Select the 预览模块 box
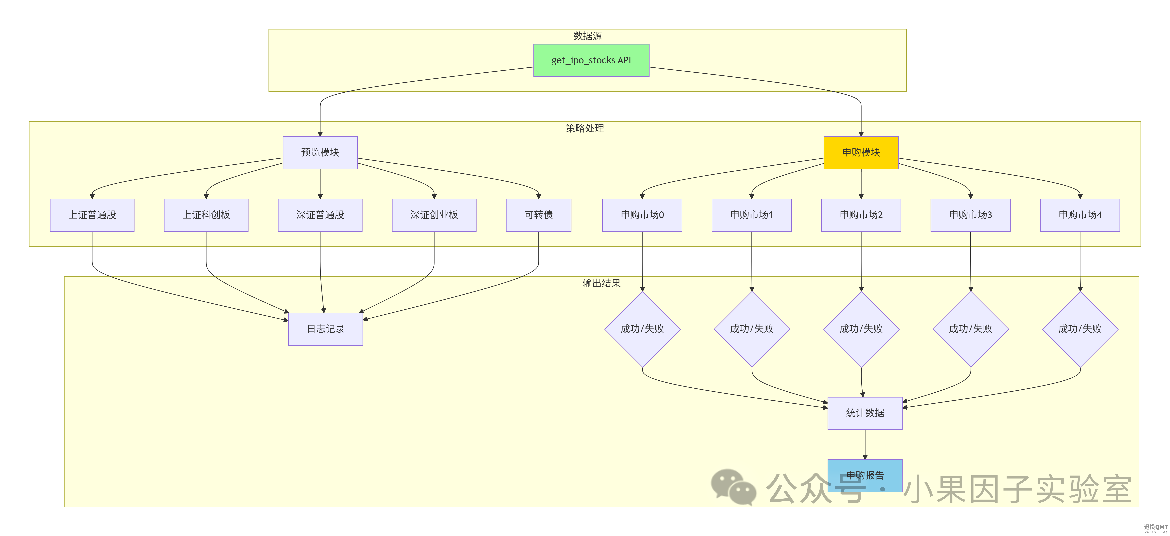pos(320,153)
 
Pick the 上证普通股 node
pos(92,215)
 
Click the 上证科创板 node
pos(206,215)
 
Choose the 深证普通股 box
pos(320,215)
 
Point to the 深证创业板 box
pos(434,215)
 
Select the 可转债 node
pos(539,215)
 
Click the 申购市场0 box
pos(642,215)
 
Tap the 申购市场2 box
pos(861,215)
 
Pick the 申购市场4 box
pos(1080,215)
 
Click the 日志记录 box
pos(326,329)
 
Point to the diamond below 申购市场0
pos(642,329)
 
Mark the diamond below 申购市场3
pos(971,329)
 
